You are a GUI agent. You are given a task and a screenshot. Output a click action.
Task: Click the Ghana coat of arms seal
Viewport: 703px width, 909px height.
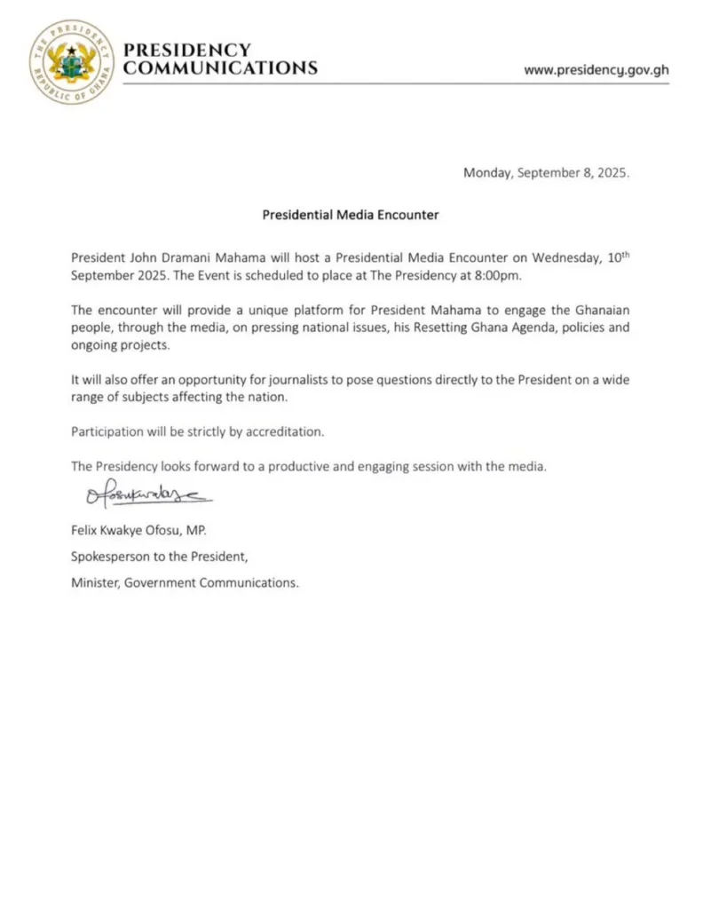point(71,60)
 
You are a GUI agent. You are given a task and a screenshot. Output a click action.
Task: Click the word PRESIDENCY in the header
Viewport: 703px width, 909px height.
point(187,51)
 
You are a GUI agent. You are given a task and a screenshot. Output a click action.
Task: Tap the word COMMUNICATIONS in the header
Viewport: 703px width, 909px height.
point(220,68)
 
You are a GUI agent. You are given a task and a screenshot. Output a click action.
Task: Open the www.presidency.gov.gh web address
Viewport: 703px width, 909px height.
point(596,69)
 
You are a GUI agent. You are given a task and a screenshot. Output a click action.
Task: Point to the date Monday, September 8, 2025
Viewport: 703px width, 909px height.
point(546,173)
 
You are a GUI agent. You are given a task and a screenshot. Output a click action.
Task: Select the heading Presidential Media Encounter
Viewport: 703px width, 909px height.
point(351,215)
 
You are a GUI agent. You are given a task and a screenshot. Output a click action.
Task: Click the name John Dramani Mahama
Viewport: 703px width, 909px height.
point(182,257)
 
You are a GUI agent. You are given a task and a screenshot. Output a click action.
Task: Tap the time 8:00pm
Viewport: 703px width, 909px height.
point(502,274)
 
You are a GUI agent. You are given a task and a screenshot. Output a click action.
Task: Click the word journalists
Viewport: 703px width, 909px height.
point(267,379)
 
